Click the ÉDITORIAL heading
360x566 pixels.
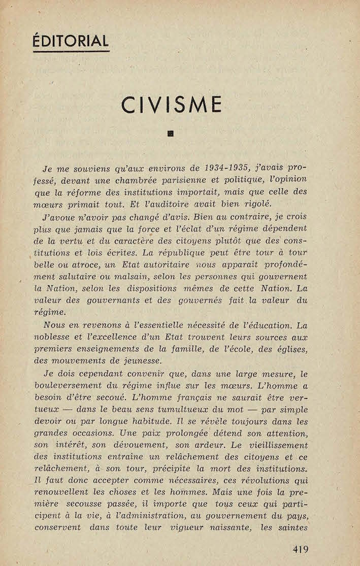tap(71, 41)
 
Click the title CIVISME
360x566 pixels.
tap(172, 105)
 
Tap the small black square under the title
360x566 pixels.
tap(171, 134)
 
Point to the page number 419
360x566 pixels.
tap(300, 549)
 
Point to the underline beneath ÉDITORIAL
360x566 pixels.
tap(71, 51)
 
